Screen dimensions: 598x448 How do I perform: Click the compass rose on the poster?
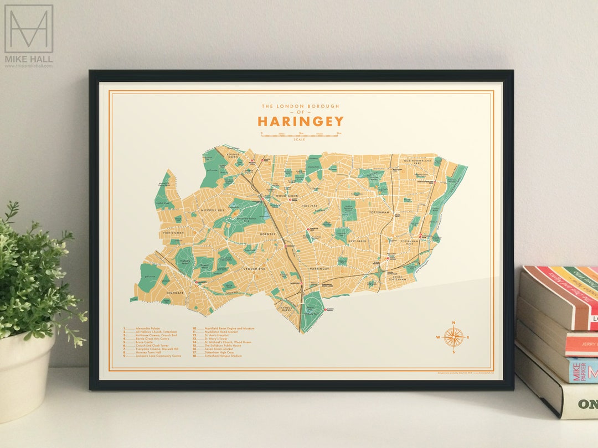pyautogui.click(x=453, y=337)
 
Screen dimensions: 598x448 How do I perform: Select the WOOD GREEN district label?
pyautogui.click(x=287, y=196)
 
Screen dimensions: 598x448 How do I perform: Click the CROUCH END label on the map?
pyautogui.click(x=255, y=268)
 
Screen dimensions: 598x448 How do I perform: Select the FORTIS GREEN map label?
pyautogui.click(x=174, y=233)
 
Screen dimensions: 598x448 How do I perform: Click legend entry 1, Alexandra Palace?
pyautogui.click(x=147, y=328)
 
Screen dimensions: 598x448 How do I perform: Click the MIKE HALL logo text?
pyautogui.click(x=29, y=58)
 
